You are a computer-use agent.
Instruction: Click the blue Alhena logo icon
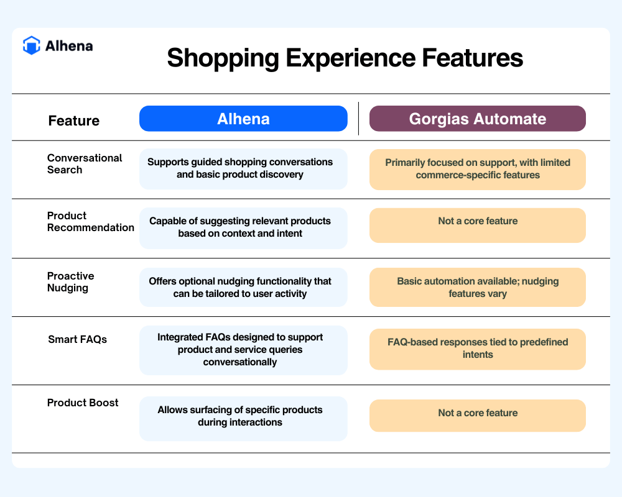31,45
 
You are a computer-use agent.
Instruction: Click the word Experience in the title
350,58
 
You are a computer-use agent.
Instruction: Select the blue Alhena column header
243,119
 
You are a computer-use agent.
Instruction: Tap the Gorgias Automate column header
477,119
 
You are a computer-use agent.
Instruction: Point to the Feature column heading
74,121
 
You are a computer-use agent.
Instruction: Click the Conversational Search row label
85,163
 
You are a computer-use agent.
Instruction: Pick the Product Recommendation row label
90,222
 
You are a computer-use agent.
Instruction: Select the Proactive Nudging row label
71,282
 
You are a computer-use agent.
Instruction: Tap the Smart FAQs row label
77,339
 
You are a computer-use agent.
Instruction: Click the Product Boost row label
83,403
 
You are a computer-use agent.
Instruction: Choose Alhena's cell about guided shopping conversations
243,169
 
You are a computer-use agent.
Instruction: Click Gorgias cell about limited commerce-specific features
477,169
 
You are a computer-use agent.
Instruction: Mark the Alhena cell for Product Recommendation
243,228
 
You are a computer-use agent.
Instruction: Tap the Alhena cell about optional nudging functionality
243,288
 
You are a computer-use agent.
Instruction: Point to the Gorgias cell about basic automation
477,288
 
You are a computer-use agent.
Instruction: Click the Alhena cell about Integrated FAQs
243,350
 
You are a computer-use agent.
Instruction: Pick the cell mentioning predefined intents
477,349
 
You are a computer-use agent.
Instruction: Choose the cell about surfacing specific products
243,419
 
